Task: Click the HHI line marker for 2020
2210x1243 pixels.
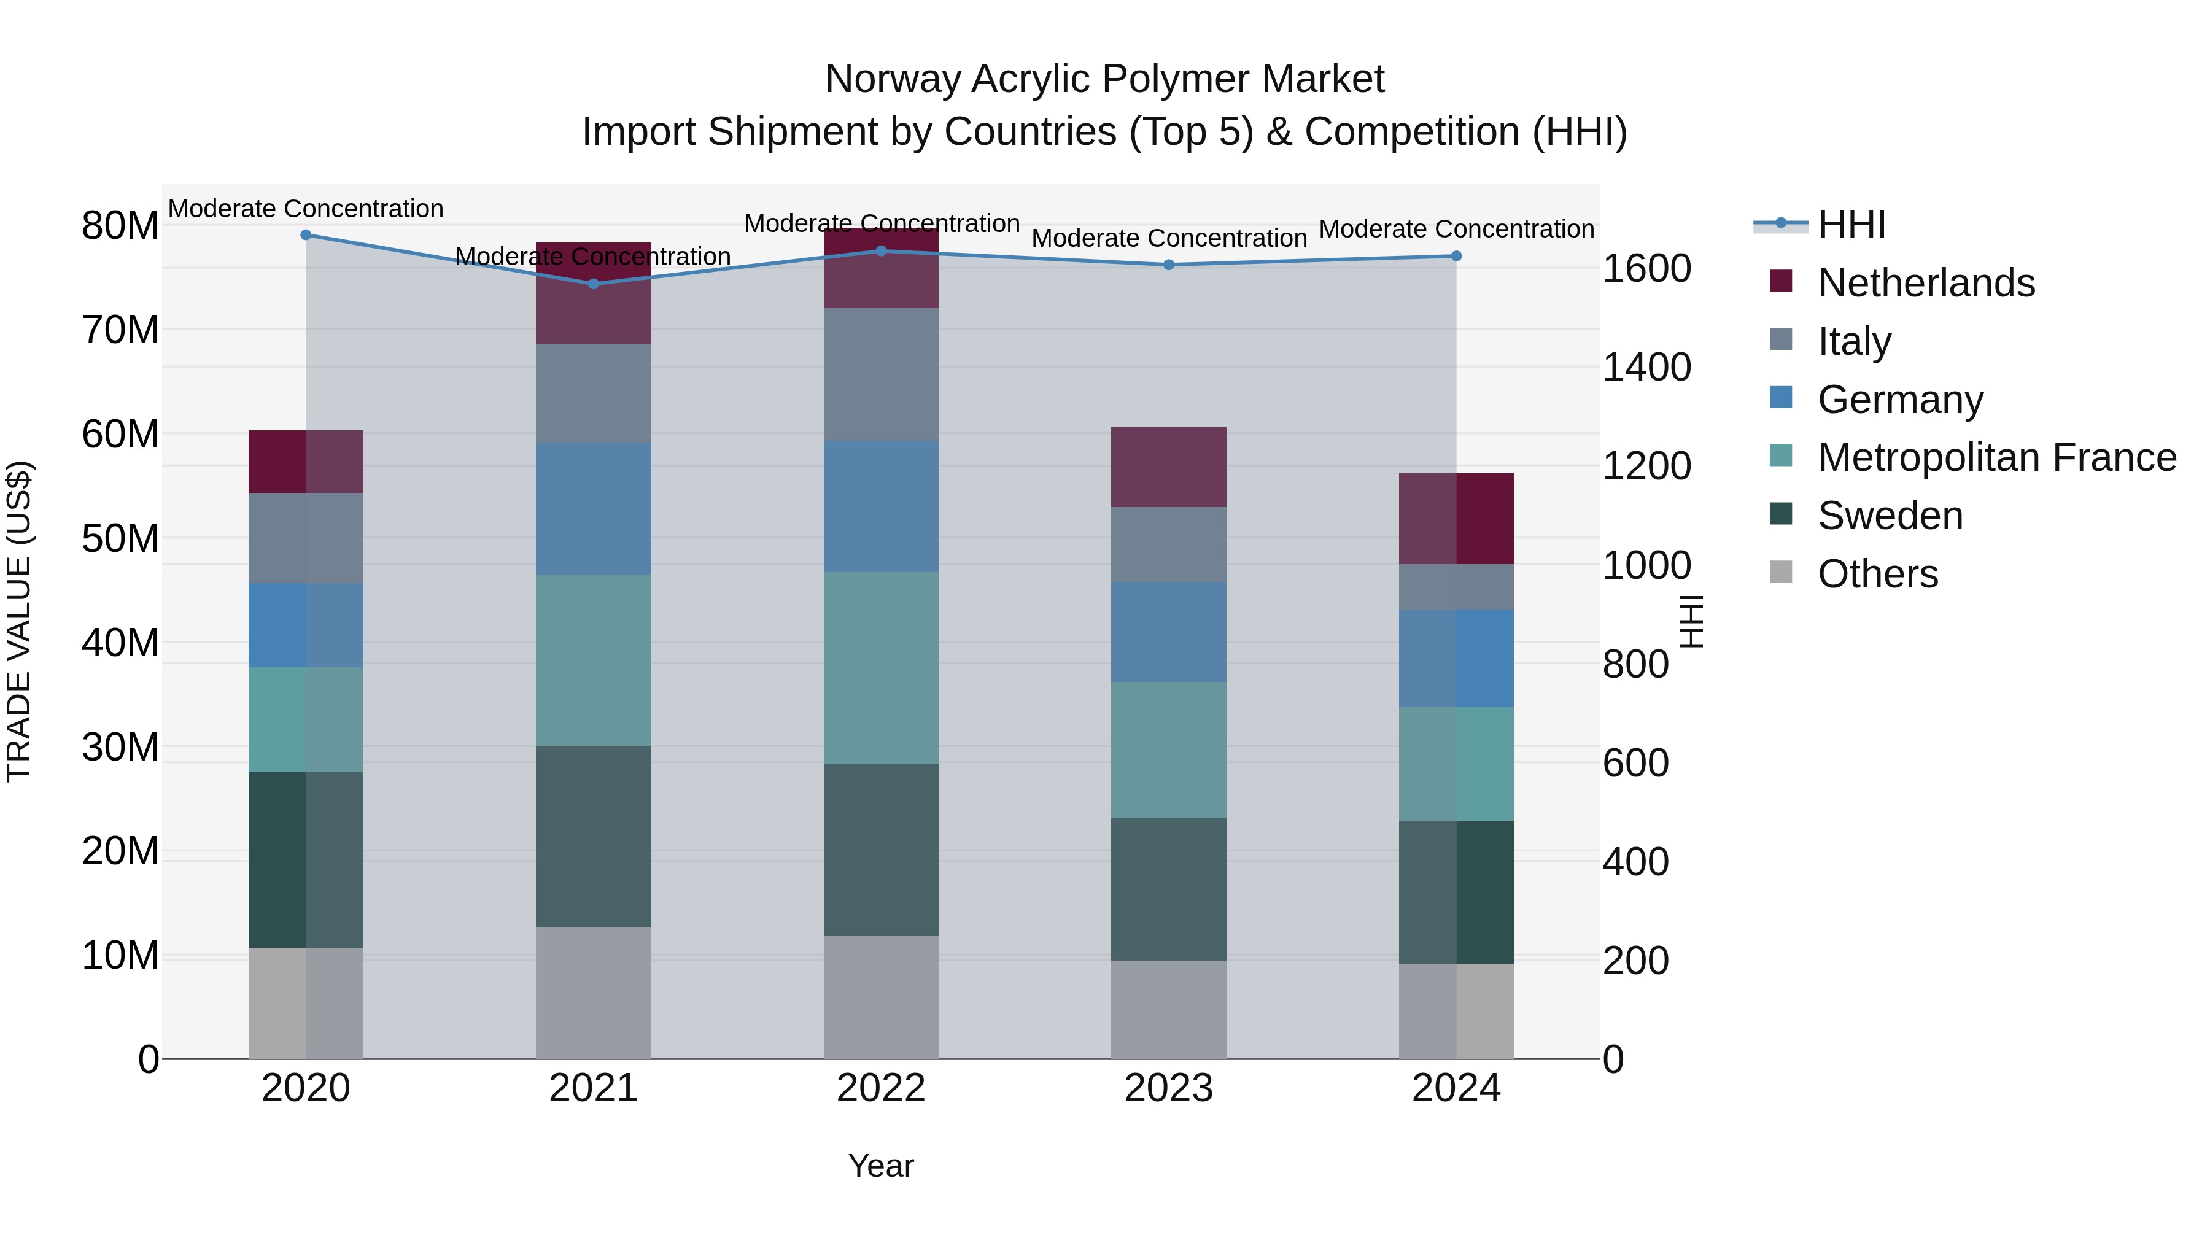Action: [x=306, y=235]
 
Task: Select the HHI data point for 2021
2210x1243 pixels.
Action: [x=593, y=284]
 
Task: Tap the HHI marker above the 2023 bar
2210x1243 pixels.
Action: [x=1168, y=265]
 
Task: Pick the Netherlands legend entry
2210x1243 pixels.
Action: [x=1925, y=283]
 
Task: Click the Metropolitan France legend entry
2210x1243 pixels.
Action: [x=1996, y=457]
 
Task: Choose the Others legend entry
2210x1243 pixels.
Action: [x=1877, y=574]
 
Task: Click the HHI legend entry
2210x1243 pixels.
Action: [x=1851, y=225]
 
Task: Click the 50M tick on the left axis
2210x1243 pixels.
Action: [x=120, y=539]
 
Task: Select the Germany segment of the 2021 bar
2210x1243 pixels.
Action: [x=593, y=509]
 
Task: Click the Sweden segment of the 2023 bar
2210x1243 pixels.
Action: [x=1168, y=889]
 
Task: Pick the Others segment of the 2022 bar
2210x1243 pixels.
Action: [x=880, y=997]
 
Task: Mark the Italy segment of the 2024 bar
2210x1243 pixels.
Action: [x=1456, y=587]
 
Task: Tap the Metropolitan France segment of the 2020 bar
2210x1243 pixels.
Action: [x=306, y=720]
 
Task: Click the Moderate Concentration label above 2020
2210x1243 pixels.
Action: [x=306, y=209]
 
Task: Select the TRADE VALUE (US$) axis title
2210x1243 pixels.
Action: [x=19, y=621]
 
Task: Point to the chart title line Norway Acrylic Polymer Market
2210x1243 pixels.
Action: [x=1104, y=79]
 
